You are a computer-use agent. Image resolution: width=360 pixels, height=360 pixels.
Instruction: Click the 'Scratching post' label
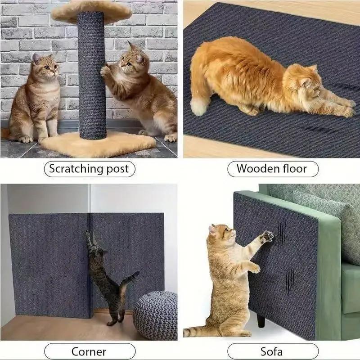89,169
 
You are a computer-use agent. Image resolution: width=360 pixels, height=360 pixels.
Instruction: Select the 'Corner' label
89,351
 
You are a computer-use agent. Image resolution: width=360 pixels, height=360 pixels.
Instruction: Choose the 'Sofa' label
271,351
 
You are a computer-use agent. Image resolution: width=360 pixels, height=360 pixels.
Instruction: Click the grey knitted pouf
155,315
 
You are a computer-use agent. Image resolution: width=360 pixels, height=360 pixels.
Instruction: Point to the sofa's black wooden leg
261,320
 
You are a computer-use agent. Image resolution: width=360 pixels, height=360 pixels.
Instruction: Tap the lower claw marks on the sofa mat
290,279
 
